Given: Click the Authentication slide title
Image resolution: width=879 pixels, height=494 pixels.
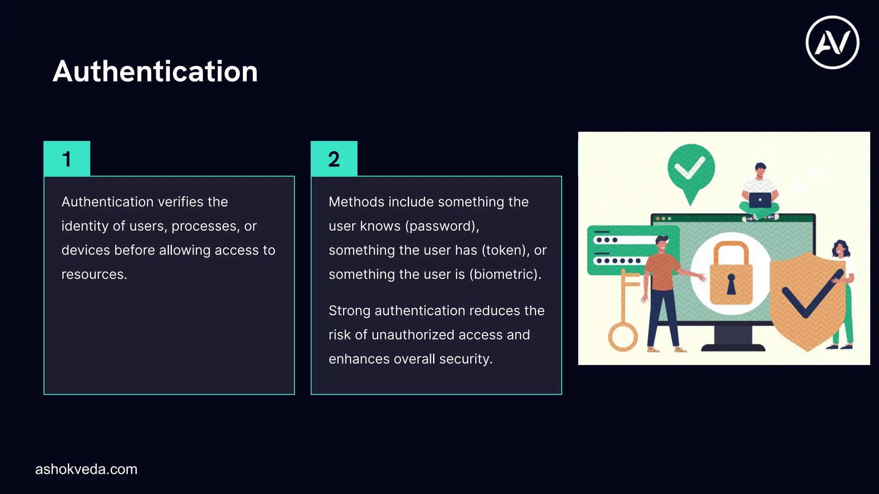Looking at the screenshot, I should tap(155, 71).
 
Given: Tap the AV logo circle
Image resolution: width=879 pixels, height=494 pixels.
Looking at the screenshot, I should tap(832, 42).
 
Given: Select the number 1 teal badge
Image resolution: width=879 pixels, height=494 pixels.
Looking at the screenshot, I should tap(67, 159).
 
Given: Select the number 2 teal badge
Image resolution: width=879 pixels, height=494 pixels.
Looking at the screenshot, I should tap(334, 159).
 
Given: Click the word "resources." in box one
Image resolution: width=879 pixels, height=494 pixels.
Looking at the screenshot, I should tap(94, 274).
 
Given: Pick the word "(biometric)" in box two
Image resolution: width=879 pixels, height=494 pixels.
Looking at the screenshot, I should tap(505, 274).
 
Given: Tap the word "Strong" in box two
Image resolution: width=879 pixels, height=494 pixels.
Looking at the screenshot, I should tap(349, 310).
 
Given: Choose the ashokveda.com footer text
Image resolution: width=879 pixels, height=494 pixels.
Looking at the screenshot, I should tap(86, 469).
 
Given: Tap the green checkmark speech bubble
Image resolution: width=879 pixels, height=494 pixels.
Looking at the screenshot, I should tap(691, 169).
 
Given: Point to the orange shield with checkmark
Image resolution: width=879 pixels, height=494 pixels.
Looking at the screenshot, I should tap(807, 300).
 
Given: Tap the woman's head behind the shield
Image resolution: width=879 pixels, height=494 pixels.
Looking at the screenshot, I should tap(840, 248).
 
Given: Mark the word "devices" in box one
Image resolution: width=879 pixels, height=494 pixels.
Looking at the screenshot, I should tap(84, 250).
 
